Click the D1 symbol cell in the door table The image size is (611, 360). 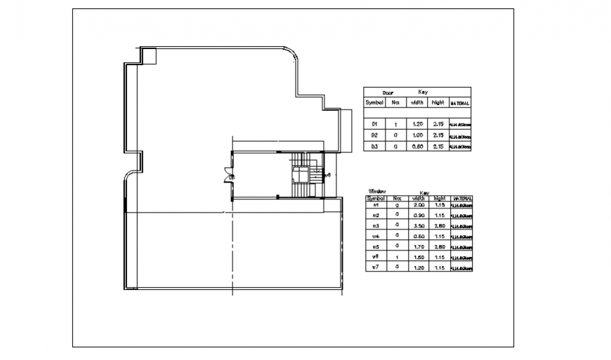pyautogui.click(x=375, y=124)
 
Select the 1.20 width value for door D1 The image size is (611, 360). pyautogui.click(x=417, y=124)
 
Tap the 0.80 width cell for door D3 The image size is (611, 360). pyautogui.click(x=417, y=146)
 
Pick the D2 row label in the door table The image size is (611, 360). pyautogui.click(x=375, y=135)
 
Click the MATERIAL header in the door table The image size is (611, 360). pyautogui.click(x=460, y=103)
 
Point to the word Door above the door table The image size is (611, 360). pyautogui.click(x=388, y=93)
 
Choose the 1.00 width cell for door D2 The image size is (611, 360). pyautogui.click(x=417, y=135)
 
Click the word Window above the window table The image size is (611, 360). pyautogui.click(x=378, y=190)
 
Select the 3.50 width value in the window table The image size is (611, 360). pyautogui.click(x=420, y=226)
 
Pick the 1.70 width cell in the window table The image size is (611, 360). pyautogui.click(x=420, y=247)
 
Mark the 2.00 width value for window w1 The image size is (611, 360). pyautogui.click(x=420, y=205)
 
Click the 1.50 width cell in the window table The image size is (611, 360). pyautogui.click(x=420, y=258)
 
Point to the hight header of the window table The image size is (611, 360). pyautogui.click(x=440, y=199)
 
